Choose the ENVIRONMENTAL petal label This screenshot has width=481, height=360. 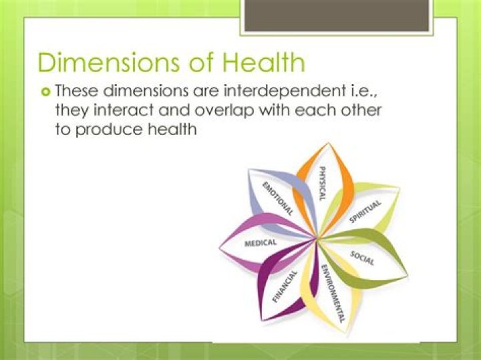tap(332, 293)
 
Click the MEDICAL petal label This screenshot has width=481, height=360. tap(260, 243)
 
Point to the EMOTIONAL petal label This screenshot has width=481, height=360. tap(277, 198)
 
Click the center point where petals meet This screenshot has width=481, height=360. tap(317, 238)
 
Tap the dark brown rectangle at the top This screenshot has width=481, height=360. tap(337, 15)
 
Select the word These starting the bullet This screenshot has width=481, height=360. tap(79, 90)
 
